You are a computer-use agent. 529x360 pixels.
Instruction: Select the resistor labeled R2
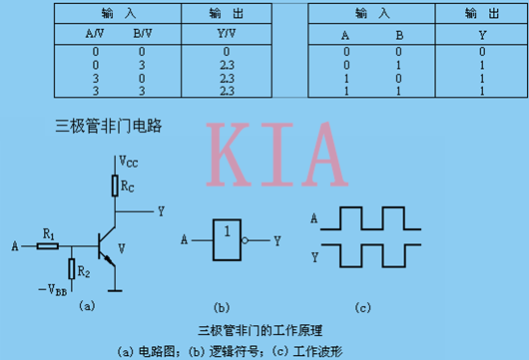click(71, 269)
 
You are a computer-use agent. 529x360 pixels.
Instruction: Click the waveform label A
click(315, 217)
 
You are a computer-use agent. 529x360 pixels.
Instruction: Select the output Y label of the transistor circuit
click(161, 211)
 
